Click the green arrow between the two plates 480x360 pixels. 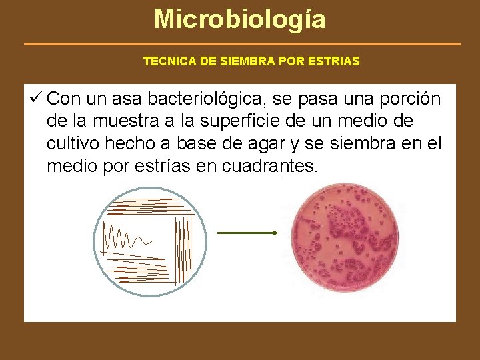click(247, 233)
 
